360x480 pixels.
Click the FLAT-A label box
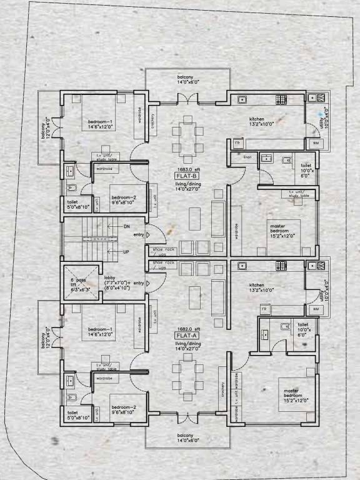tap(186, 335)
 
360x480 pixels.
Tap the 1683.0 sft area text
tap(186, 169)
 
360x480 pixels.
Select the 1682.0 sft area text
tap(186, 328)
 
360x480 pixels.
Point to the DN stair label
tap(126, 227)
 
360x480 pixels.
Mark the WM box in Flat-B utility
tap(315, 144)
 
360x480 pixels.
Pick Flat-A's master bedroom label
tap(291, 395)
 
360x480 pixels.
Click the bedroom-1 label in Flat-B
tap(100, 124)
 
